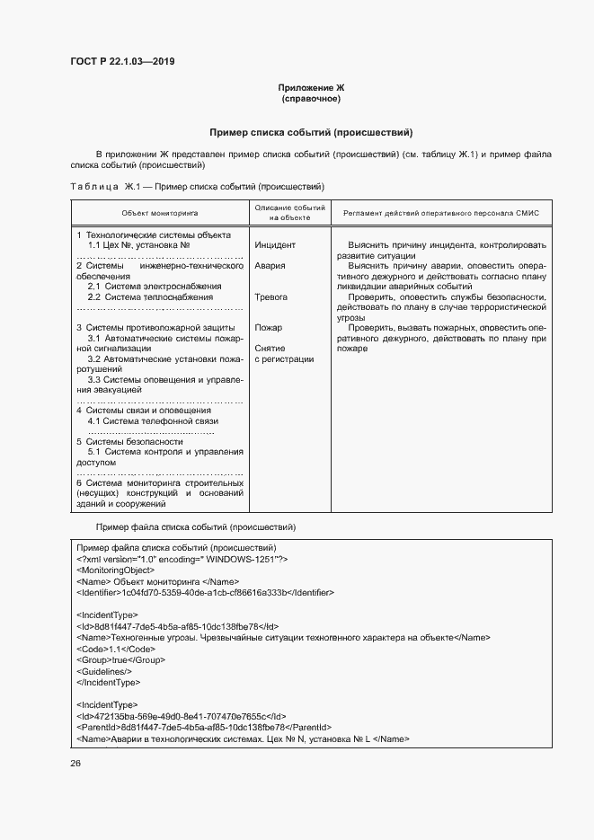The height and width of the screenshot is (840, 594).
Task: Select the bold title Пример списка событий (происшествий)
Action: [x=311, y=132]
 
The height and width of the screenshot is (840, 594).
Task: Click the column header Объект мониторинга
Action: [x=160, y=213]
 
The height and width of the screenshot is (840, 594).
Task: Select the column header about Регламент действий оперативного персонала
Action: [x=441, y=213]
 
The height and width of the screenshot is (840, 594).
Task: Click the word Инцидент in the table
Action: [x=275, y=244]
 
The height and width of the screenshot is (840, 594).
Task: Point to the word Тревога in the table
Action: [x=271, y=296]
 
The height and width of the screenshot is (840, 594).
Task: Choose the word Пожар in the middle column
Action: [x=268, y=328]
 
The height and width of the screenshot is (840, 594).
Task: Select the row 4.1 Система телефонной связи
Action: [x=153, y=420]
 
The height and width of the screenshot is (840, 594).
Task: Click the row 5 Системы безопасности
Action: [x=129, y=441]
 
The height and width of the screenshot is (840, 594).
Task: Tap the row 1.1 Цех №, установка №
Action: [x=138, y=244]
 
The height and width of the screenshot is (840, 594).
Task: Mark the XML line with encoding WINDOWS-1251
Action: [x=182, y=559]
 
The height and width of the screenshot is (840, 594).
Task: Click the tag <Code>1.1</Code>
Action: [x=104, y=648]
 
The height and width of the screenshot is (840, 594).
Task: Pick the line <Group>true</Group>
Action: [x=108, y=659]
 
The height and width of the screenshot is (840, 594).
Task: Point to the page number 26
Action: [x=75, y=764]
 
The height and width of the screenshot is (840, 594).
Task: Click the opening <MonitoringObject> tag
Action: [x=115, y=570]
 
